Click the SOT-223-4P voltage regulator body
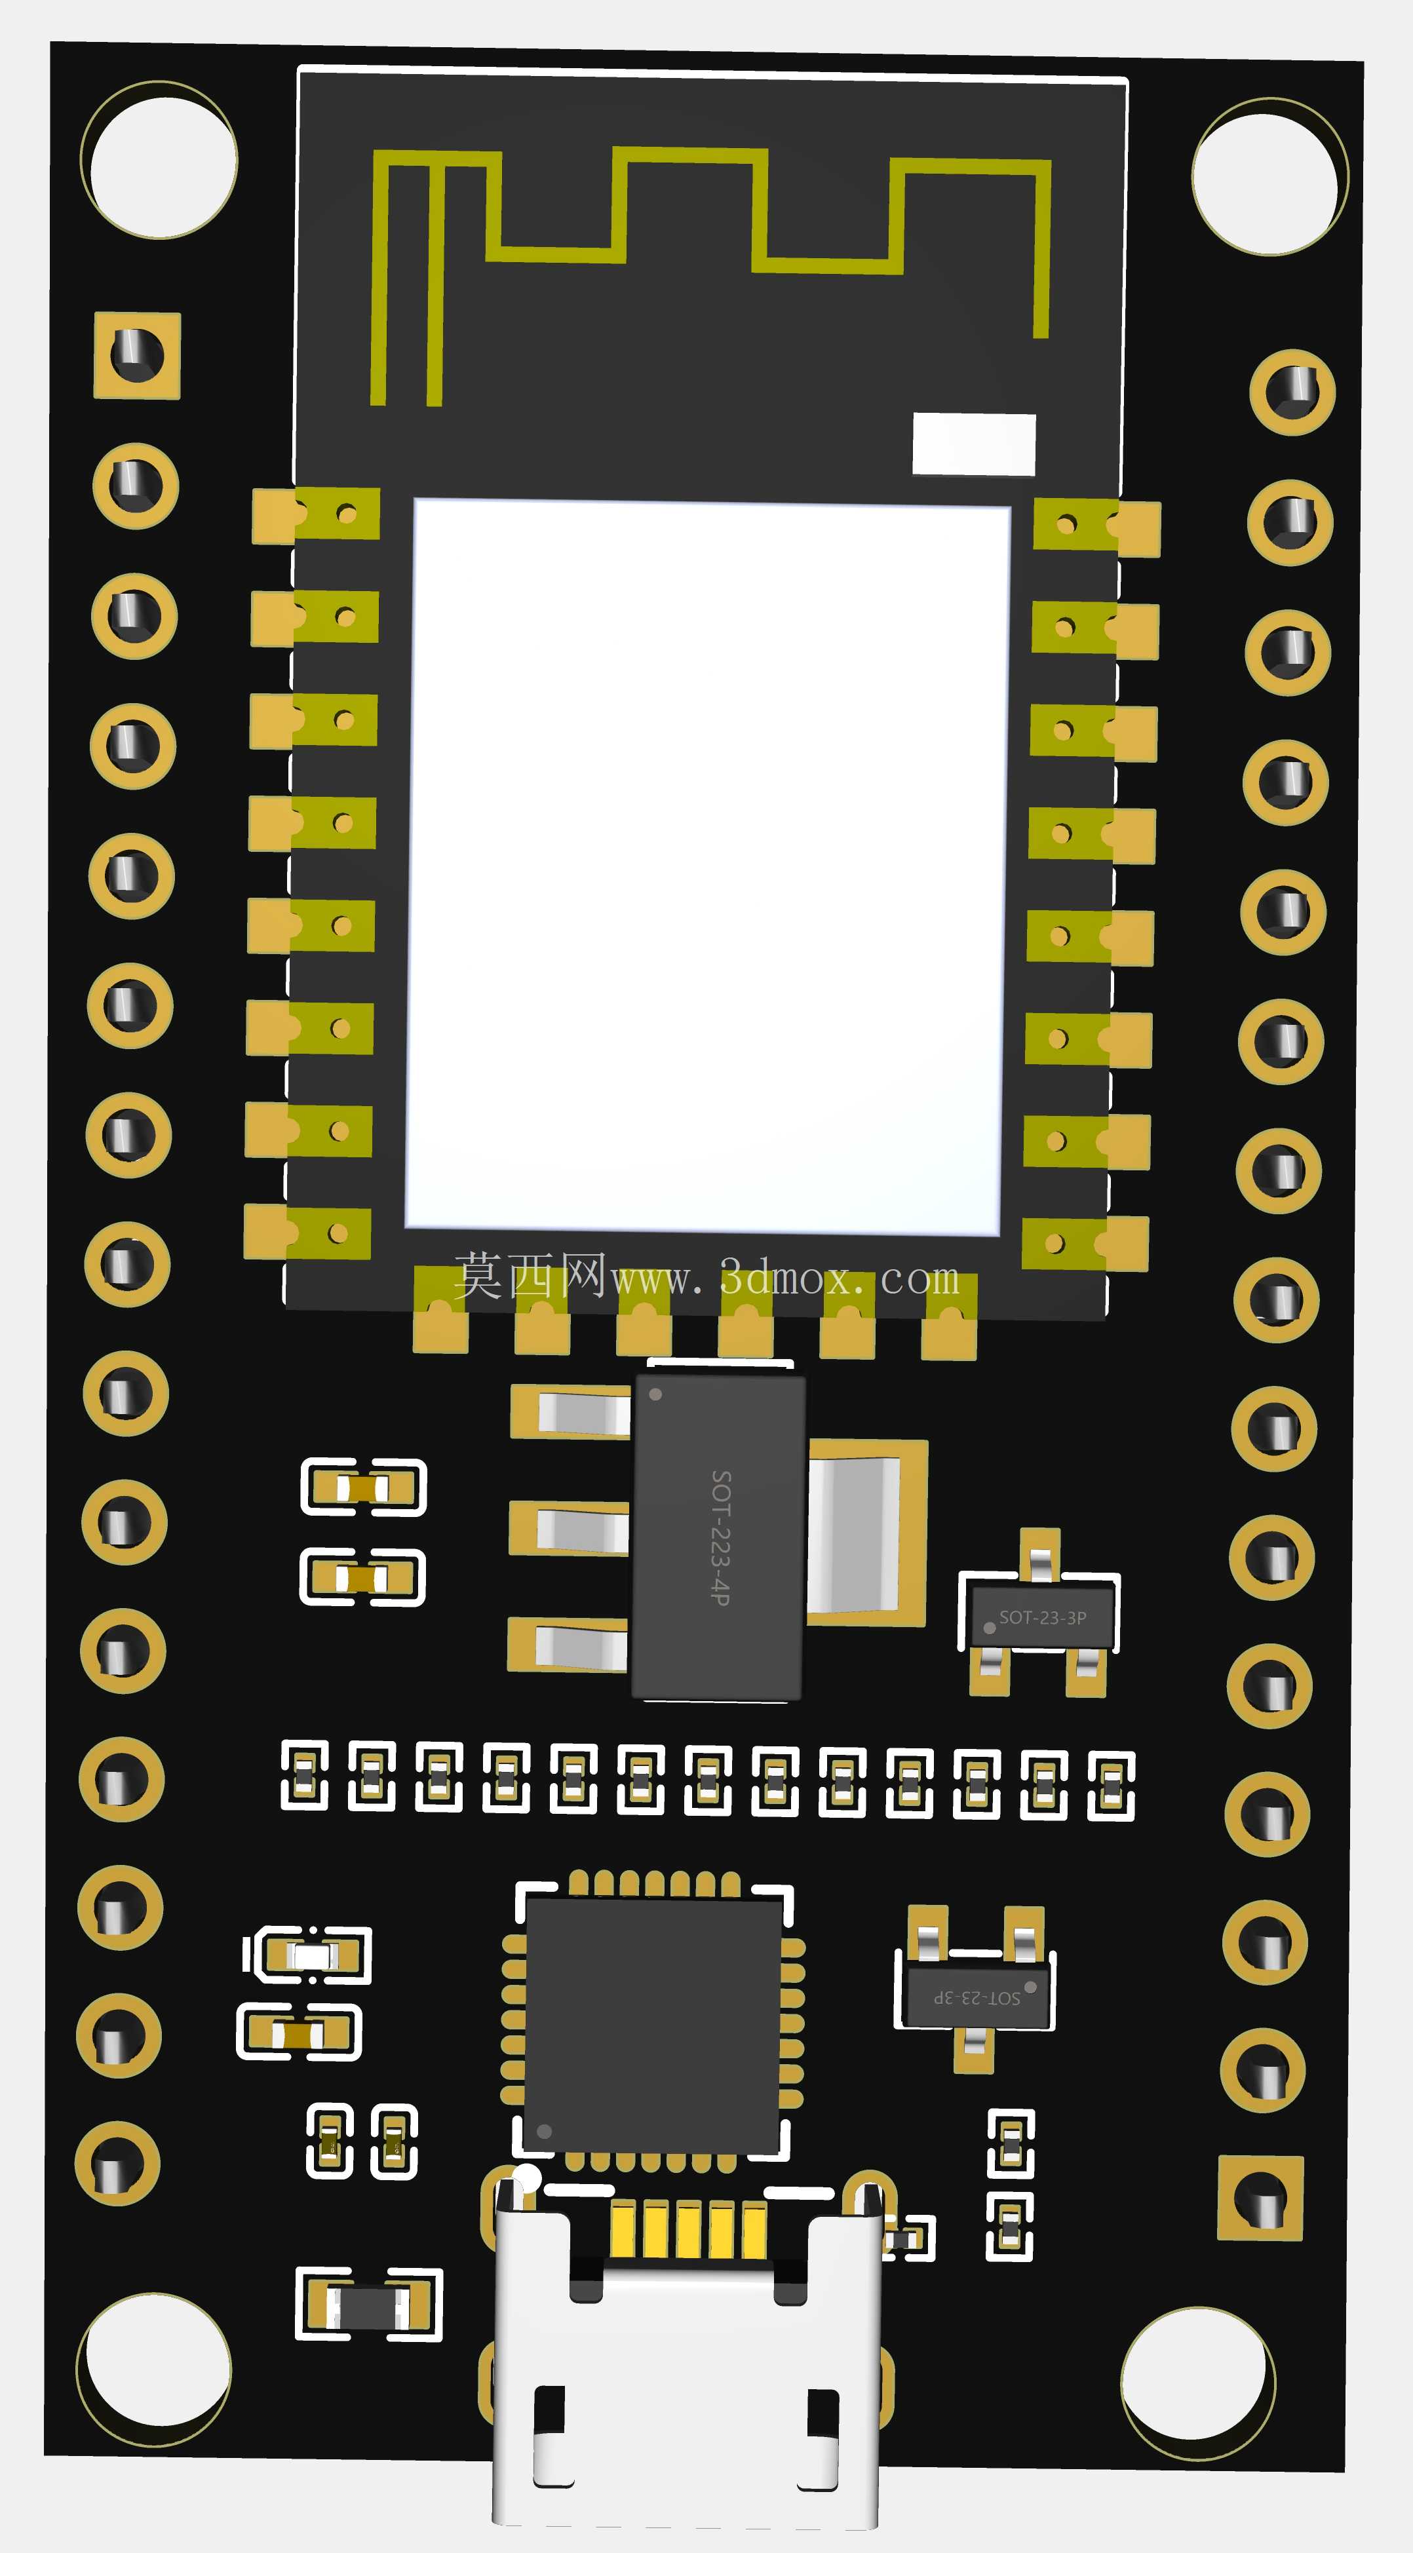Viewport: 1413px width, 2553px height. tap(718, 1536)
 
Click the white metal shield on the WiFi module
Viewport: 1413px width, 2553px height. tap(708, 867)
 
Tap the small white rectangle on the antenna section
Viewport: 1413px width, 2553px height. tap(973, 444)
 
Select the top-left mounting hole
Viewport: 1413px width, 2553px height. tap(159, 161)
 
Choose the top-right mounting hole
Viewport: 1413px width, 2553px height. tap(1269, 176)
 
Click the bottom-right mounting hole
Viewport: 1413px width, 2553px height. tap(1198, 2383)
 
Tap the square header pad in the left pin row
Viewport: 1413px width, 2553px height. tap(138, 356)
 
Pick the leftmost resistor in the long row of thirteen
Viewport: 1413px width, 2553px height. tap(304, 1774)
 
